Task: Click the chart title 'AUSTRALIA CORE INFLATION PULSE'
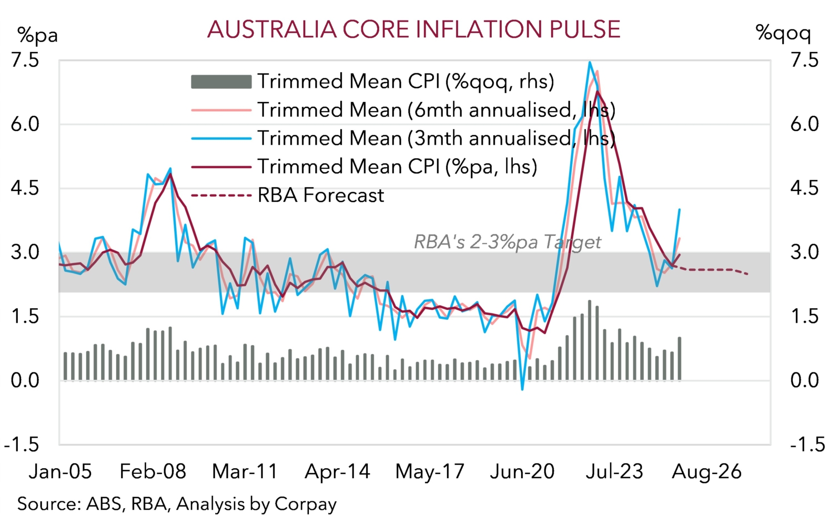click(414, 29)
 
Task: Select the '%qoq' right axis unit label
click(783, 33)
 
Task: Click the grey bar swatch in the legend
click(221, 82)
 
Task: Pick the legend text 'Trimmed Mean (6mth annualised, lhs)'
click(436, 110)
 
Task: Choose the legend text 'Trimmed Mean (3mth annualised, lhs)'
click(436, 138)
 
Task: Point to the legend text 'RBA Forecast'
click(321, 195)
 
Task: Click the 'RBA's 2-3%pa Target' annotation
click(507, 241)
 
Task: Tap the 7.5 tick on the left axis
click(25, 60)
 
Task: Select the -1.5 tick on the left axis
click(22, 444)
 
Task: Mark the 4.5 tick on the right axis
click(804, 188)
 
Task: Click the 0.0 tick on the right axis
click(804, 380)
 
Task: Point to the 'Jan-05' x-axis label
click(60, 471)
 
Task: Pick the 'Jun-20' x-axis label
click(522, 471)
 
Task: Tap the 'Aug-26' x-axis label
click(706, 471)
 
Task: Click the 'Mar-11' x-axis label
click(245, 471)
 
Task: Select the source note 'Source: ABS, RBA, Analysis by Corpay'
click(177, 504)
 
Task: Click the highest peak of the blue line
click(590, 62)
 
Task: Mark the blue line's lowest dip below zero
click(522, 390)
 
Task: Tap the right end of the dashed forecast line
click(748, 274)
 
